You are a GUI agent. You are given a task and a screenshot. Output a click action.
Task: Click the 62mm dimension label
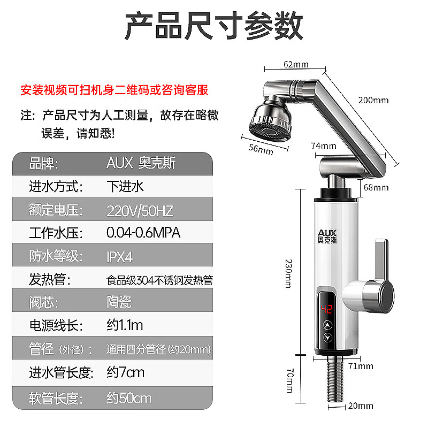[x=295, y=65]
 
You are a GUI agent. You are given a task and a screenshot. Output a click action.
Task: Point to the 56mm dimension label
[x=261, y=149]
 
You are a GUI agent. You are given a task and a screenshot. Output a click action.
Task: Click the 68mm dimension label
[x=377, y=187]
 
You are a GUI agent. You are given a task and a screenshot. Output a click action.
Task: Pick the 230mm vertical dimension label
[x=289, y=273]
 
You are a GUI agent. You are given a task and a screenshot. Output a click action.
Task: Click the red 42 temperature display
[x=327, y=309]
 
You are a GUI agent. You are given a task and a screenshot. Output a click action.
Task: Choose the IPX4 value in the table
[x=119, y=256]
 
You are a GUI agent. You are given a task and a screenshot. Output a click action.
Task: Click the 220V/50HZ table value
[x=140, y=210]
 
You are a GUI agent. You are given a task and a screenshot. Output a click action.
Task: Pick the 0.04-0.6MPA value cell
[x=143, y=233]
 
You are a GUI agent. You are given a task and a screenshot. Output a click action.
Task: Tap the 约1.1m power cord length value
[x=125, y=325]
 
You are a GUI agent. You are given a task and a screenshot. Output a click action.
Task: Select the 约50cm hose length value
[x=129, y=399]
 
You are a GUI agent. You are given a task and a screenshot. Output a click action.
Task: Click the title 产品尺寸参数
[x=214, y=26]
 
